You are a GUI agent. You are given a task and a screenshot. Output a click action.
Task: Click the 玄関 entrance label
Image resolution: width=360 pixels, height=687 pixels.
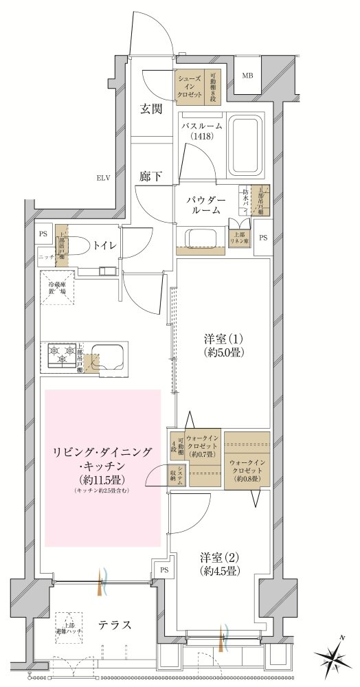(151, 109)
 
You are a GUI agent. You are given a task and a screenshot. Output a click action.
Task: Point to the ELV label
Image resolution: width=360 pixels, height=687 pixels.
(104, 179)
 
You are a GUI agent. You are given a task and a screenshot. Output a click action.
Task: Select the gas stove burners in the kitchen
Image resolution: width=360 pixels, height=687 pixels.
(61, 355)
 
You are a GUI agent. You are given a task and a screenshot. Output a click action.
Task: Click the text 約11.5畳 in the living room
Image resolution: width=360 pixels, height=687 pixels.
(103, 479)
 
